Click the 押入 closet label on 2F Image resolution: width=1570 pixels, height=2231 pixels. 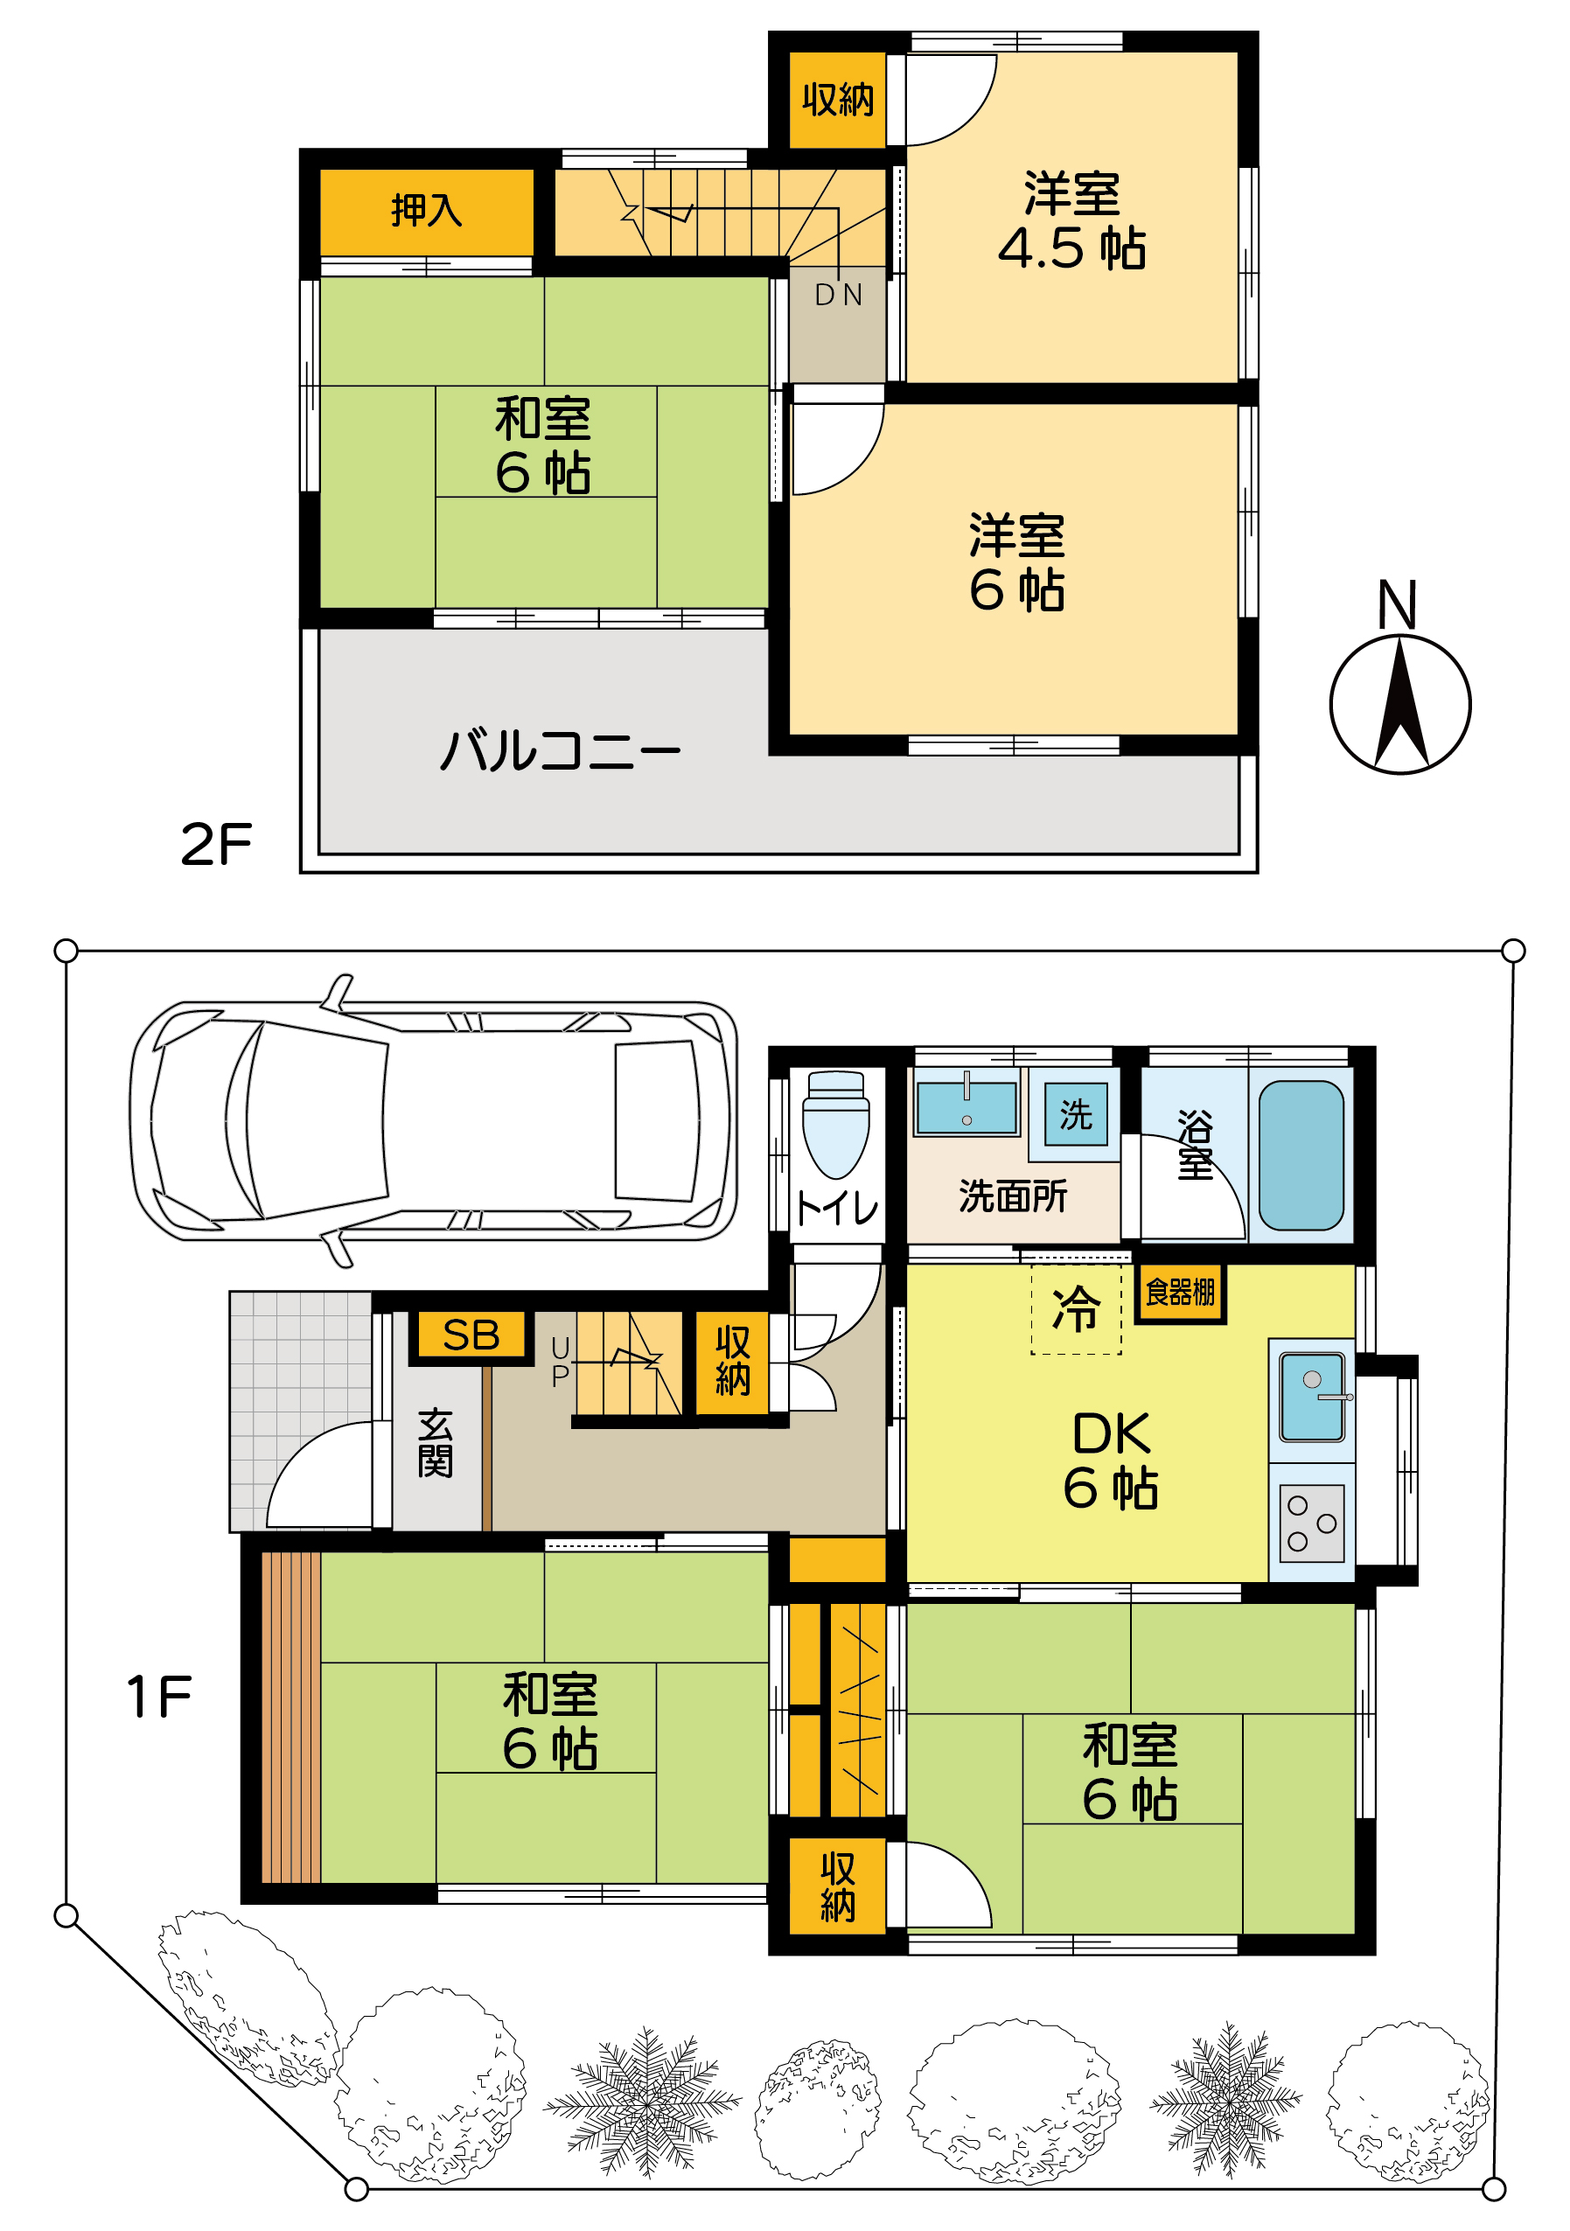click(x=426, y=210)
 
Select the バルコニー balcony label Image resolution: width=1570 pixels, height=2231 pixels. click(x=560, y=751)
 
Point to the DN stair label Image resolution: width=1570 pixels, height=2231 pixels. click(x=837, y=295)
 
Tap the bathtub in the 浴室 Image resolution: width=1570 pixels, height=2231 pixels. click(x=1300, y=1154)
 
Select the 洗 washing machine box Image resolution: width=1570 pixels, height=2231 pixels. click(x=1075, y=1113)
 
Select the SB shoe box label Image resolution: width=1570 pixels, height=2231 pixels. click(x=471, y=1335)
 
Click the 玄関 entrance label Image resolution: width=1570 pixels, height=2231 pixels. click(x=436, y=1443)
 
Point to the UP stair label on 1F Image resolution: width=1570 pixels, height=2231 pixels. click(x=560, y=1360)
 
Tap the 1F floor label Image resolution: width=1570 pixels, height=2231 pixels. click(x=159, y=1697)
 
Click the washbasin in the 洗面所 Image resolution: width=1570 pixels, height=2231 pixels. click(x=966, y=1108)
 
